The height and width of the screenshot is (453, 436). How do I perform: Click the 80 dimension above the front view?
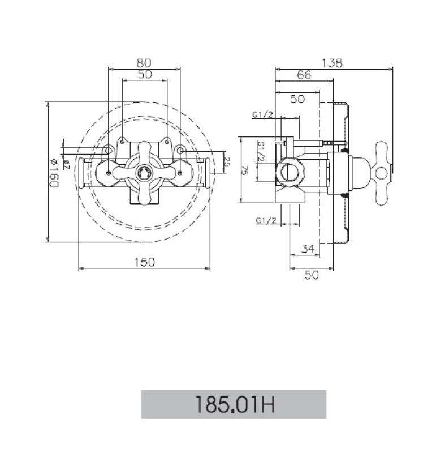(x=144, y=62)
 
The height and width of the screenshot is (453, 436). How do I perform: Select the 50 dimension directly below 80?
(x=144, y=75)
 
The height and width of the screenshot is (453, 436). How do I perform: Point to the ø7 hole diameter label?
(x=66, y=164)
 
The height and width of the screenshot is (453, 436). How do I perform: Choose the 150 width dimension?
(x=144, y=262)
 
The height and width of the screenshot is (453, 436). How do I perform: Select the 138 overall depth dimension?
(x=334, y=63)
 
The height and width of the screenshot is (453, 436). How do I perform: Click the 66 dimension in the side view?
(x=304, y=75)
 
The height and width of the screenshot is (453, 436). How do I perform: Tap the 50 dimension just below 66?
(x=297, y=99)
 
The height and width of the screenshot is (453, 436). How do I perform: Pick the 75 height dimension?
(x=244, y=169)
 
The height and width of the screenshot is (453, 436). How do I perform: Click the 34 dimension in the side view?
(x=307, y=249)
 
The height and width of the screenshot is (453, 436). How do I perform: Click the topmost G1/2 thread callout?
(x=263, y=114)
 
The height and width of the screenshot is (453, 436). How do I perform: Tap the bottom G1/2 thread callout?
(x=266, y=220)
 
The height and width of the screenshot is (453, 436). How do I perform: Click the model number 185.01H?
(x=234, y=404)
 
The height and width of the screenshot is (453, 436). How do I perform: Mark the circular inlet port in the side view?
(x=289, y=172)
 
